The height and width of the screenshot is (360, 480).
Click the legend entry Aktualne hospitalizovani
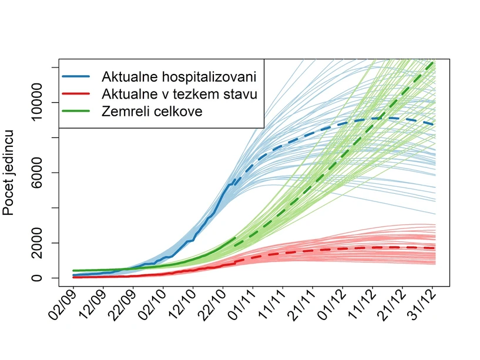[x=179, y=77]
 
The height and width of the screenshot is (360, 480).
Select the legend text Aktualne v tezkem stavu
[x=179, y=94]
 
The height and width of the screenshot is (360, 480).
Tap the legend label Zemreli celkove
[x=152, y=111]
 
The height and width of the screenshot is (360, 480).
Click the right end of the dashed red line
[x=434, y=248]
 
